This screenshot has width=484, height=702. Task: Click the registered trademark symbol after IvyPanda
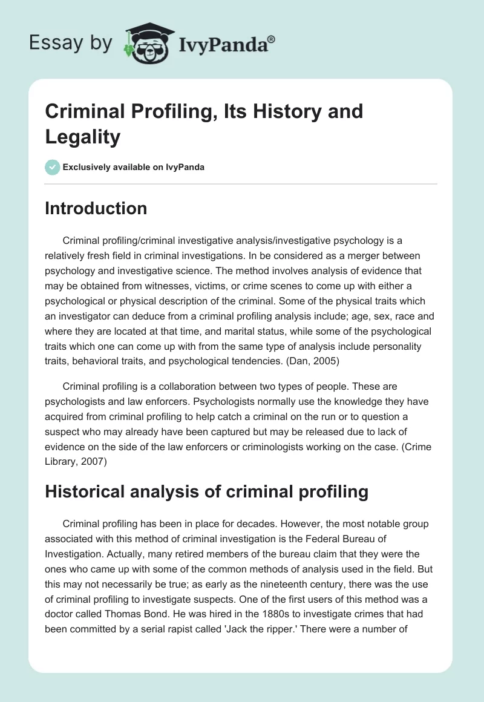click(272, 39)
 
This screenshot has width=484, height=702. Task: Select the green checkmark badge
click(52, 167)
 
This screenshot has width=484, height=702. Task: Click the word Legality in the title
click(82, 137)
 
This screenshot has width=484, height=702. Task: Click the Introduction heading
click(96, 208)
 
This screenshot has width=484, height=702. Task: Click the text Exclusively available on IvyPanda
click(134, 167)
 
